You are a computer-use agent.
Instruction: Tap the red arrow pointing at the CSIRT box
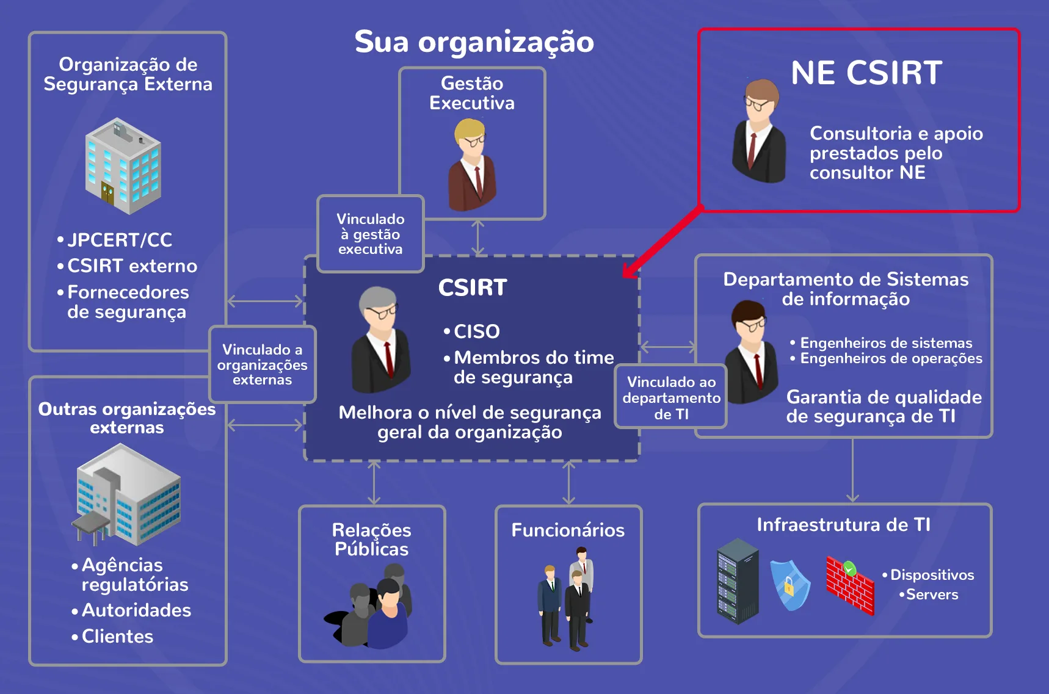coord(662,242)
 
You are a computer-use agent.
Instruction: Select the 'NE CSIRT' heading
coord(866,73)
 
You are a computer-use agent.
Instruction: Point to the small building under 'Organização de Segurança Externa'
coord(123,166)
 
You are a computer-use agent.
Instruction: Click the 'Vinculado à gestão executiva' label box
coord(371,234)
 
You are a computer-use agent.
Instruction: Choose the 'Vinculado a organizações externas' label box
coord(263,364)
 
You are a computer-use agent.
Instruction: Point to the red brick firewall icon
coord(850,584)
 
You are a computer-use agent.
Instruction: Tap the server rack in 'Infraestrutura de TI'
coord(738,581)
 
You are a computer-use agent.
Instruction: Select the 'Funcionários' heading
coord(568,530)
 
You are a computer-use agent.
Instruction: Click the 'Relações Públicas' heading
coord(371,540)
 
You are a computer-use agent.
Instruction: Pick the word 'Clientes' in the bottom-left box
coord(117,637)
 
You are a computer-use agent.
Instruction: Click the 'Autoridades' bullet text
coord(136,610)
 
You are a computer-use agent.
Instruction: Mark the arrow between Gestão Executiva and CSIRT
coord(478,237)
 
